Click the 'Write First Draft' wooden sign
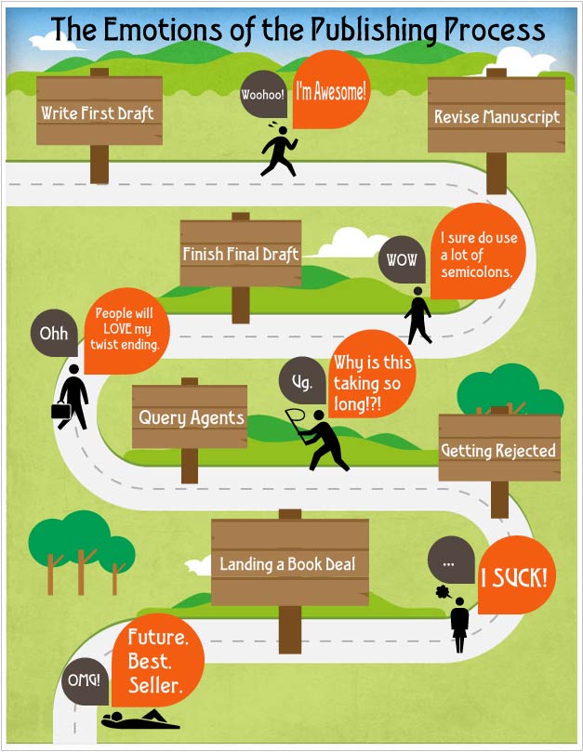(x=99, y=112)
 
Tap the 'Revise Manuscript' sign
(x=497, y=116)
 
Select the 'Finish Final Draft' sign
(x=241, y=253)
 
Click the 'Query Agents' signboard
(x=190, y=416)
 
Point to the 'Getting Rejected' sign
(x=499, y=450)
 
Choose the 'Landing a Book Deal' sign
(x=289, y=563)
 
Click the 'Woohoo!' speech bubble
(x=263, y=95)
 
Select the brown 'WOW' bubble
(x=402, y=260)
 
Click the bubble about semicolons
(x=479, y=255)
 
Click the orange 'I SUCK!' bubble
(x=513, y=578)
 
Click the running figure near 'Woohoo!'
(x=278, y=151)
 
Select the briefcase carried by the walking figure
(x=60, y=410)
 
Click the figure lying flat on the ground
(x=140, y=719)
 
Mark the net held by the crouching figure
(x=295, y=419)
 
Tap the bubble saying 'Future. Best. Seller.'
(x=158, y=662)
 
